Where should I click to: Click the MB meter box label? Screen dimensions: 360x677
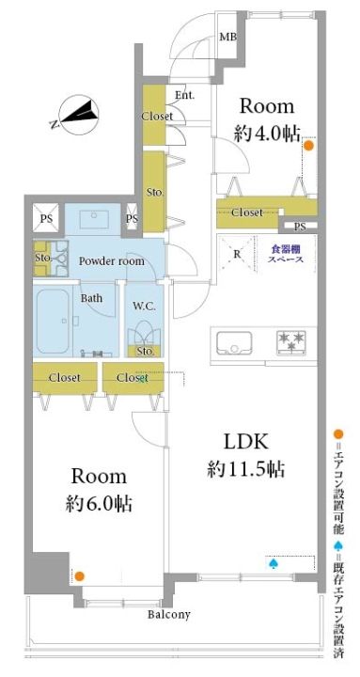pos(227,37)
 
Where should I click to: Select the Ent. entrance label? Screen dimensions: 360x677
pos(185,95)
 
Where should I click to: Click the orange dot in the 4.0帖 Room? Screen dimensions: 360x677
pos(308,146)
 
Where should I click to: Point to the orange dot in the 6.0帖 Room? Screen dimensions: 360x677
pos(79,575)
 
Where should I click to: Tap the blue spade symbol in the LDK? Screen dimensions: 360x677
pos(273,563)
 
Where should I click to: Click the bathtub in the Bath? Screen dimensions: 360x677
pos(53,321)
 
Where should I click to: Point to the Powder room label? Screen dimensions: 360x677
pos(111,261)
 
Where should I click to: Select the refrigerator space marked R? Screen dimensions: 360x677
pos(236,254)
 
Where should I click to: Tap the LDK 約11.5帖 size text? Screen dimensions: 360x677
pos(245,455)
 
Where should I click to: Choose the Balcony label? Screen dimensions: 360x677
pos(169,615)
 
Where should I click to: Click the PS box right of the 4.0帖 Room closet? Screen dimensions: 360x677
pos(299,226)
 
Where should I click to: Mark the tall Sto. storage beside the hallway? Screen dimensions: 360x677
pos(154,192)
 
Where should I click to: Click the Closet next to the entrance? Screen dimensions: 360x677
pos(154,116)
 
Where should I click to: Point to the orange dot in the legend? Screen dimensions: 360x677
pos(339,433)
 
